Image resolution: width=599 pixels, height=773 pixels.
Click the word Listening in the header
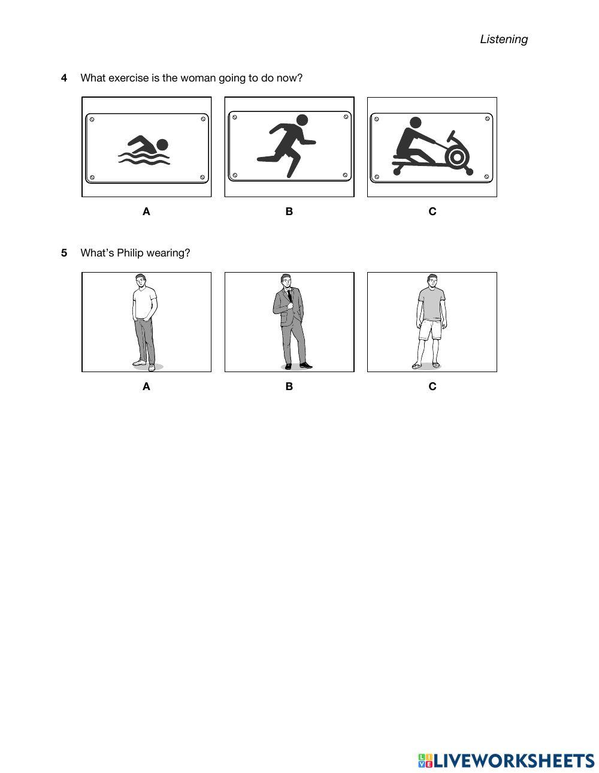(x=503, y=39)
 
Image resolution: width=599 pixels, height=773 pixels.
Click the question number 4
(x=64, y=78)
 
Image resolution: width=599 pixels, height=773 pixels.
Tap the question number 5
(x=64, y=253)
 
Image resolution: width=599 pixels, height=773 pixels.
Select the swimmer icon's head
(x=162, y=144)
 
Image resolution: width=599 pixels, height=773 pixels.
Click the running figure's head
(x=302, y=120)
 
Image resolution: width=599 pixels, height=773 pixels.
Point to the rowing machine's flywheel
(x=457, y=156)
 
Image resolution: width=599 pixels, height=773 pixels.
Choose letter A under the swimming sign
(x=146, y=212)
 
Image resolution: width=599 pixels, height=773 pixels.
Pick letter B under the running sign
(x=289, y=212)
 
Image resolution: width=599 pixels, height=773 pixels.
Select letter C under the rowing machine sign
(x=432, y=212)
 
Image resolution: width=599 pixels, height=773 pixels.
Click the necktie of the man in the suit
(x=290, y=295)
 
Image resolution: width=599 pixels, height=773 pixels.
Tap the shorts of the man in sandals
(x=430, y=330)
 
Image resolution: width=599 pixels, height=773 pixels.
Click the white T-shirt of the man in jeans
(x=144, y=303)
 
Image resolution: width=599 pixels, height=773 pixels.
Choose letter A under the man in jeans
(x=146, y=386)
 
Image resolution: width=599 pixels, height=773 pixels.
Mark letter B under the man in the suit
(x=289, y=386)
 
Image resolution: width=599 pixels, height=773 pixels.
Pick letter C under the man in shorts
(x=432, y=386)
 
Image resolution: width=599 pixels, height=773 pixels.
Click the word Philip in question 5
(x=130, y=253)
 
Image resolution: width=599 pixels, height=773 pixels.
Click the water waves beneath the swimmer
(x=144, y=158)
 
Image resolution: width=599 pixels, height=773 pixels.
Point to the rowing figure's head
(x=415, y=123)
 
